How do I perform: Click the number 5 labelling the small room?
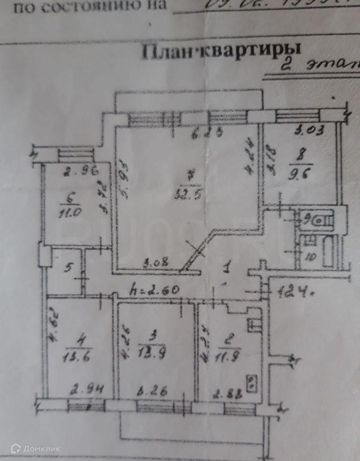[x=68, y=268]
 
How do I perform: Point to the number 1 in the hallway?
[x=227, y=268]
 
